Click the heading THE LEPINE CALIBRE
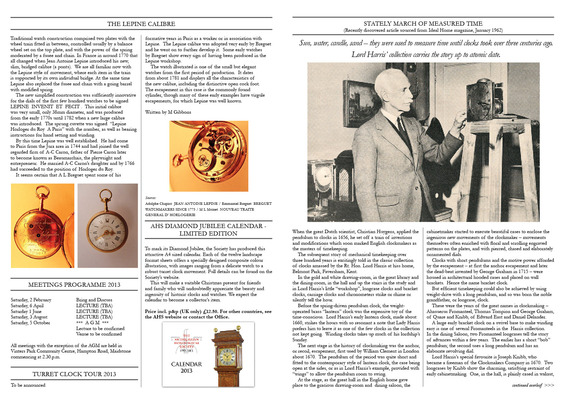pyautogui.click(x=141, y=24)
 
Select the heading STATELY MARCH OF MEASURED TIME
pyautogui.click(x=423, y=24)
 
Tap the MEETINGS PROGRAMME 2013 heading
pyautogui.click(x=74, y=285)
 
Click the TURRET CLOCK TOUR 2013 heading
pyautogui.click(x=74, y=374)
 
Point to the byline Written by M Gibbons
pyautogui.click(x=168, y=112)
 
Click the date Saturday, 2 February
pyautogui.click(x=31, y=300)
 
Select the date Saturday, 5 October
pyautogui.click(x=30, y=323)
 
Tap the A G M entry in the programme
pyautogui.click(x=92, y=323)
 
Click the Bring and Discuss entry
pyautogui.click(x=94, y=300)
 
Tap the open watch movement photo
pyautogui.click(x=209, y=156)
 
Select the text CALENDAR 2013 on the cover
pyautogui.click(x=187, y=367)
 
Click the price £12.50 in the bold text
pyautogui.click(x=208, y=312)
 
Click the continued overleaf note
pyautogui.click(x=533, y=385)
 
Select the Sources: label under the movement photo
pyautogui.click(x=151, y=198)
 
